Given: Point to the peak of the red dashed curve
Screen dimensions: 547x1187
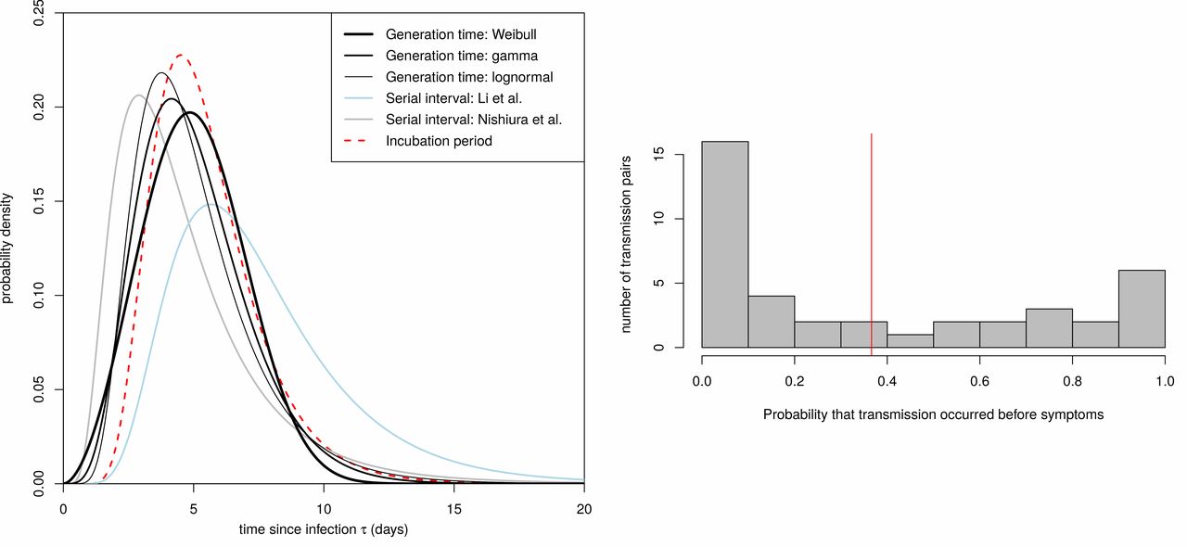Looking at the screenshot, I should coord(180,56).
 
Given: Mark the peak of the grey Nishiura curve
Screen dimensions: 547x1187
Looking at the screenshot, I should coord(138,95).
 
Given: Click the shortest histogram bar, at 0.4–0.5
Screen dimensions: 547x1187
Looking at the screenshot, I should coord(910,341).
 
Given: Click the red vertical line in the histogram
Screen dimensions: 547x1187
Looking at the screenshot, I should coord(872,241).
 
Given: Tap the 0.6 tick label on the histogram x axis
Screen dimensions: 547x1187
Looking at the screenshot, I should coord(979,381).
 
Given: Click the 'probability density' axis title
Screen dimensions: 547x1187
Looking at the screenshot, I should coord(8,248).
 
